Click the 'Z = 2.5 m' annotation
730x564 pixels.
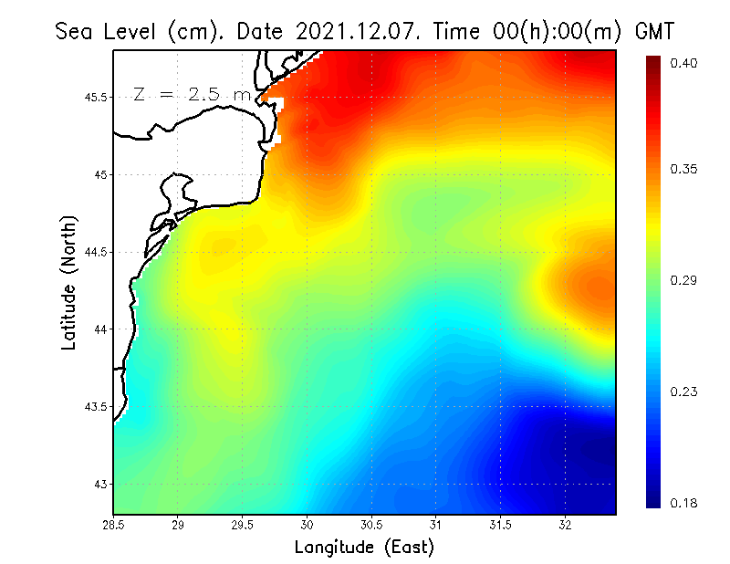192,94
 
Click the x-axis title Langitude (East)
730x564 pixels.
364,547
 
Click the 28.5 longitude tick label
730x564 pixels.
114,525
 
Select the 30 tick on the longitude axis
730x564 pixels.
308,525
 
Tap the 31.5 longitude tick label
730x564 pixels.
501,525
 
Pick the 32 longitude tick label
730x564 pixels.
566,525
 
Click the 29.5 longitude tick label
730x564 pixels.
243,525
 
